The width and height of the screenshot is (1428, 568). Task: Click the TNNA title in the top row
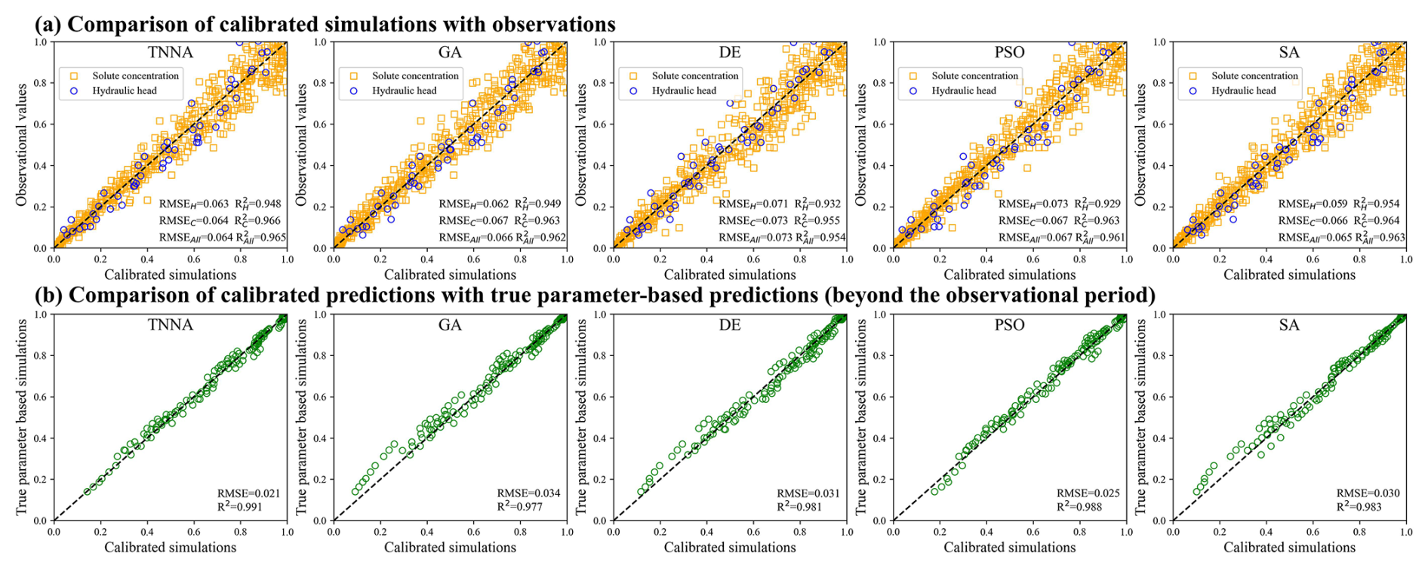coord(171,52)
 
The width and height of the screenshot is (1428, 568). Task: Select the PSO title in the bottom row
coord(1009,325)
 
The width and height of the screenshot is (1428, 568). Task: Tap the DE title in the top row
coord(730,52)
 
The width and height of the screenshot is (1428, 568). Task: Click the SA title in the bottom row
coord(1289,325)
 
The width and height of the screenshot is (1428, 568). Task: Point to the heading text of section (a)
coord(325,24)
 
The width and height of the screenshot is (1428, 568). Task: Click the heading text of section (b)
coord(596,295)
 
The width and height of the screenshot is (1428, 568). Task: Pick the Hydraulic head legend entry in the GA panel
coord(405,91)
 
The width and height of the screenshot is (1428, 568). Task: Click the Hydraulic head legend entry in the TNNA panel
coord(125,91)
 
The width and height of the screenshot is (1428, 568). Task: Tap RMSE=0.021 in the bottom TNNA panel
coord(248,493)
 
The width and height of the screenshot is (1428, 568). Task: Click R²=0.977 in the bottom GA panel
coord(520,506)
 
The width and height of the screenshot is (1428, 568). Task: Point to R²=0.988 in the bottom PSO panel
coord(1079,506)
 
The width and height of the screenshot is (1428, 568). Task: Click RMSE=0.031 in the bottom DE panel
coord(808,493)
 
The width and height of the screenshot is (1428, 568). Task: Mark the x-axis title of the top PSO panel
coord(1010,275)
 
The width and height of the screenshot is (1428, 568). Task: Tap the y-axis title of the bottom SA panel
coord(1140,417)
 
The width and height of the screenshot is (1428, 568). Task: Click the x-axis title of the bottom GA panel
coord(450,547)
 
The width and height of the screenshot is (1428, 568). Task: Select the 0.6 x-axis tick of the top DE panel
coord(753,259)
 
